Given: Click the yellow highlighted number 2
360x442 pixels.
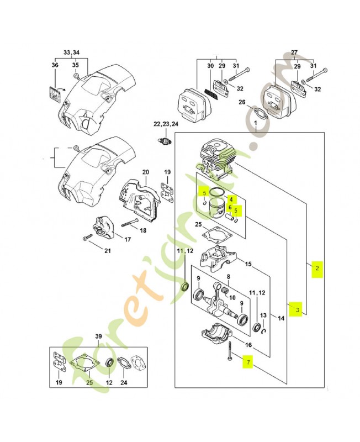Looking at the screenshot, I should (317, 269).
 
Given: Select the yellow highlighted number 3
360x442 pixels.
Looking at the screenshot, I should (297, 310).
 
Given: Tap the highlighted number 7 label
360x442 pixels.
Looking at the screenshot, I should (248, 362).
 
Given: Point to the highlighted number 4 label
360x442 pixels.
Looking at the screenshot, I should (232, 199).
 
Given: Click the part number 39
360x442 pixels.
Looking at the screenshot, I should (98, 337).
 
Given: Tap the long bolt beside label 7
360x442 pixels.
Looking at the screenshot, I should (227, 349).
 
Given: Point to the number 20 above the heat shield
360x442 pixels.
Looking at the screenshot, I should (145, 172).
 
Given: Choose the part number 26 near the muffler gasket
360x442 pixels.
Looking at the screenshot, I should (241, 102).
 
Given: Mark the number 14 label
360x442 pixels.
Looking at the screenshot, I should (281, 318).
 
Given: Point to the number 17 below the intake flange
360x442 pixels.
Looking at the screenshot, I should (127, 239).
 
